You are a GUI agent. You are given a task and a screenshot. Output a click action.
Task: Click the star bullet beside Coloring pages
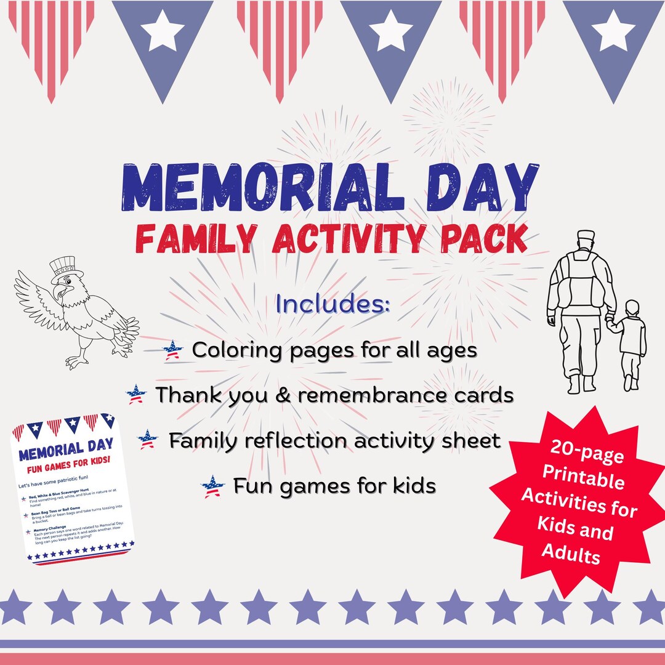pyautogui.click(x=173, y=351)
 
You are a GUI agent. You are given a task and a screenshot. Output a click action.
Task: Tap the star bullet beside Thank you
pyautogui.click(x=136, y=394)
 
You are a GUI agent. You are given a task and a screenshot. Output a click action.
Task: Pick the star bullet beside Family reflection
pyautogui.click(x=148, y=440)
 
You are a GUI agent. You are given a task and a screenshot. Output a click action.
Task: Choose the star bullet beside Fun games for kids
pyautogui.click(x=213, y=486)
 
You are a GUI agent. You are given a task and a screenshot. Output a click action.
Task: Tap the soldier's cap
pyautogui.click(x=586, y=236)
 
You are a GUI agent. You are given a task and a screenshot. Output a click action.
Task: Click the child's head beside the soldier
pyautogui.click(x=631, y=308)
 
